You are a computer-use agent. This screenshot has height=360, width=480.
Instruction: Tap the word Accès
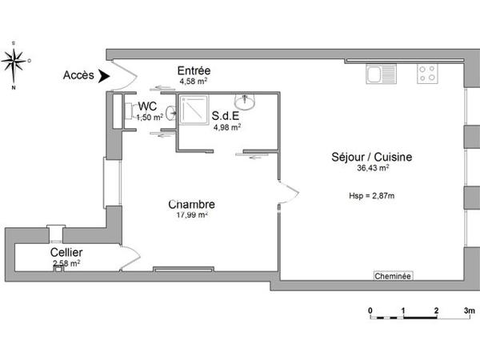[77, 77]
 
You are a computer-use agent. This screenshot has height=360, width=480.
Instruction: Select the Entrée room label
[195, 70]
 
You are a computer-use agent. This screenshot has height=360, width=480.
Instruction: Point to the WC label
[147, 106]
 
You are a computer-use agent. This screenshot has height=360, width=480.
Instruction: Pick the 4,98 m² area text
[227, 126]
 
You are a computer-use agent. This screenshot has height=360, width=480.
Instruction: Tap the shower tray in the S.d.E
[193, 112]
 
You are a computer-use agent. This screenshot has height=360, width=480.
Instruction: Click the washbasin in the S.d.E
[246, 102]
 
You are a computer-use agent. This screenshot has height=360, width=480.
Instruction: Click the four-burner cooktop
[427, 74]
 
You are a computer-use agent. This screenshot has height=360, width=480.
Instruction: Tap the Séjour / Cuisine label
[372, 157]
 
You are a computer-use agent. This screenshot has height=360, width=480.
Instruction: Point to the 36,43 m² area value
[373, 168]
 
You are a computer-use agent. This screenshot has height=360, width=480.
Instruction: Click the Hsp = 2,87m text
[372, 196]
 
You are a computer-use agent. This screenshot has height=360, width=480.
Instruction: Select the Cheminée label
[393, 276]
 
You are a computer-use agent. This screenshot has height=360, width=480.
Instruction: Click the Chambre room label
[192, 204]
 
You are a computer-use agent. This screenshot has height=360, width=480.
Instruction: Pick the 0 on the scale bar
[370, 309]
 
